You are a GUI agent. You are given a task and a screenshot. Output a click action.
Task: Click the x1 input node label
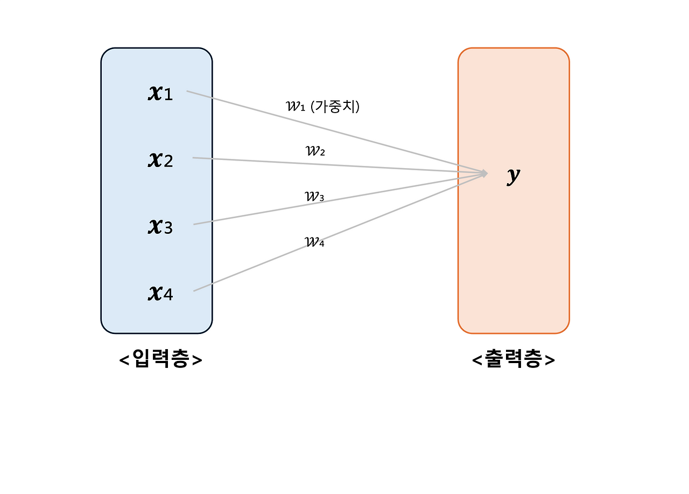pyautogui.click(x=160, y=93)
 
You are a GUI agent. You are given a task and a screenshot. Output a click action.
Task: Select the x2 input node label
pyautogui.click(x=160, y=159)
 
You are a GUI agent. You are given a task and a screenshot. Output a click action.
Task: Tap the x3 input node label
pyautogui.click(x=160, y=227)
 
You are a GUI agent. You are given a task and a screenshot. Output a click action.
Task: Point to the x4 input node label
pyautogui.click(x=160, y=294)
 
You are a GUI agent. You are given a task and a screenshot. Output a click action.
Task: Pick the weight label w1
pyautogui.click(x=296, y=106)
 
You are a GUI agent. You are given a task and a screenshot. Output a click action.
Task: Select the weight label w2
pyautogui.click(x=315, y=151)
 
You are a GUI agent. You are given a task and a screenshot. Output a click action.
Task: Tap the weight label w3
pyautogui.click(x=314, y=197)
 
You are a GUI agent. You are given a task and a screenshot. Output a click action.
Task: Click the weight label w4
pyautogui.click(x=315, y=242)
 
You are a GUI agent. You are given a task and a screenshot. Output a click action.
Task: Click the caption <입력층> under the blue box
pyautogui.click(x=160, y=360)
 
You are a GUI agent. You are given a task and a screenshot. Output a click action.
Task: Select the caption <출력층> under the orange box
pyautogui.click(x=513, y=360)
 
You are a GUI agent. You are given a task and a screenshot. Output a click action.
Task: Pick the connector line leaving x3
pyautogui.click(x=258, y=213)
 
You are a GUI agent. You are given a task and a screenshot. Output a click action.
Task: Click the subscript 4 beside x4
pyautogui.click(x=168, y=296)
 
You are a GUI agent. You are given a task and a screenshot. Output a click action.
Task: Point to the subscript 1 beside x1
pyautogui.click(x=168, y=95)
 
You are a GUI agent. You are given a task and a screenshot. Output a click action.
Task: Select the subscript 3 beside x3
pyautogui.click(x=168, y=229)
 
